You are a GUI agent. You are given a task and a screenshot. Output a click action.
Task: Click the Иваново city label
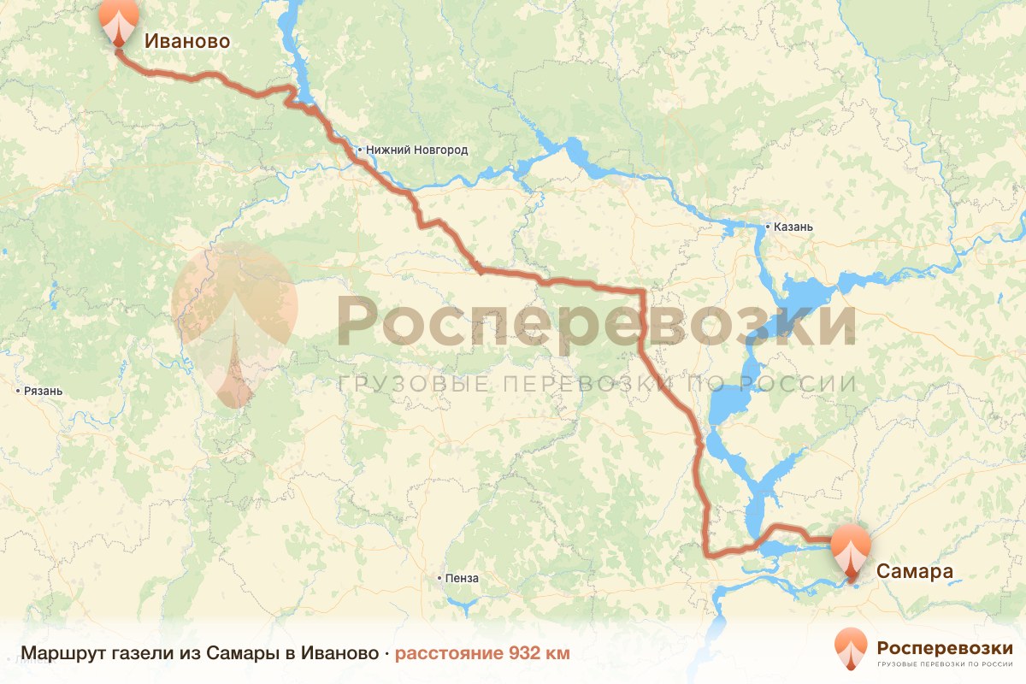pyautogui.click(x=186, y=40)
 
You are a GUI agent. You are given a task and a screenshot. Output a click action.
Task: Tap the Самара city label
pyautogui.click(x=914, y=571)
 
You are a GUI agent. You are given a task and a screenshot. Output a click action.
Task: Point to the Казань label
pyautogui.click(x=793, y=227)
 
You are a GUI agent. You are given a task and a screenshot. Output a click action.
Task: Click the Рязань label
pyautogui.click(x=44, y=391)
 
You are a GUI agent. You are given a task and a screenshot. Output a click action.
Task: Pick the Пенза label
pyautogui.click(x=462, y=578)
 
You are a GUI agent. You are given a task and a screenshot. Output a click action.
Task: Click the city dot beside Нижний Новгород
pyautogui.click(x=361, y=150)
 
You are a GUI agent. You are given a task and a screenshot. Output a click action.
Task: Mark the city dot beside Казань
pyautogui.click(x=767, y=227)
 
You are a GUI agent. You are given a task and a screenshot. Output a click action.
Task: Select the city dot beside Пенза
pyautogui.click(x=439, y=578)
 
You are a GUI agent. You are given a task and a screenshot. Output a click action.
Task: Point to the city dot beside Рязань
pyautogui.click(x=18, y=391)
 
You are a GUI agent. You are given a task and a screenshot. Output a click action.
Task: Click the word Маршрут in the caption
pyautogui.click(x=55, y=654)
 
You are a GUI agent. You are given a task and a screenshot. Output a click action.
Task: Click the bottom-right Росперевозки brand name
pyautogui.click(x=945, y=646)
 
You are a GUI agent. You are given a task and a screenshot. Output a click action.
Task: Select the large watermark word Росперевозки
pyautogui.click(x=596, y=322)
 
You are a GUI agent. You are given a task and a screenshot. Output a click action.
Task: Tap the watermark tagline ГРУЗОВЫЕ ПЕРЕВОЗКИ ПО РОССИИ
pyautogui.click(x=596, y=383)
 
